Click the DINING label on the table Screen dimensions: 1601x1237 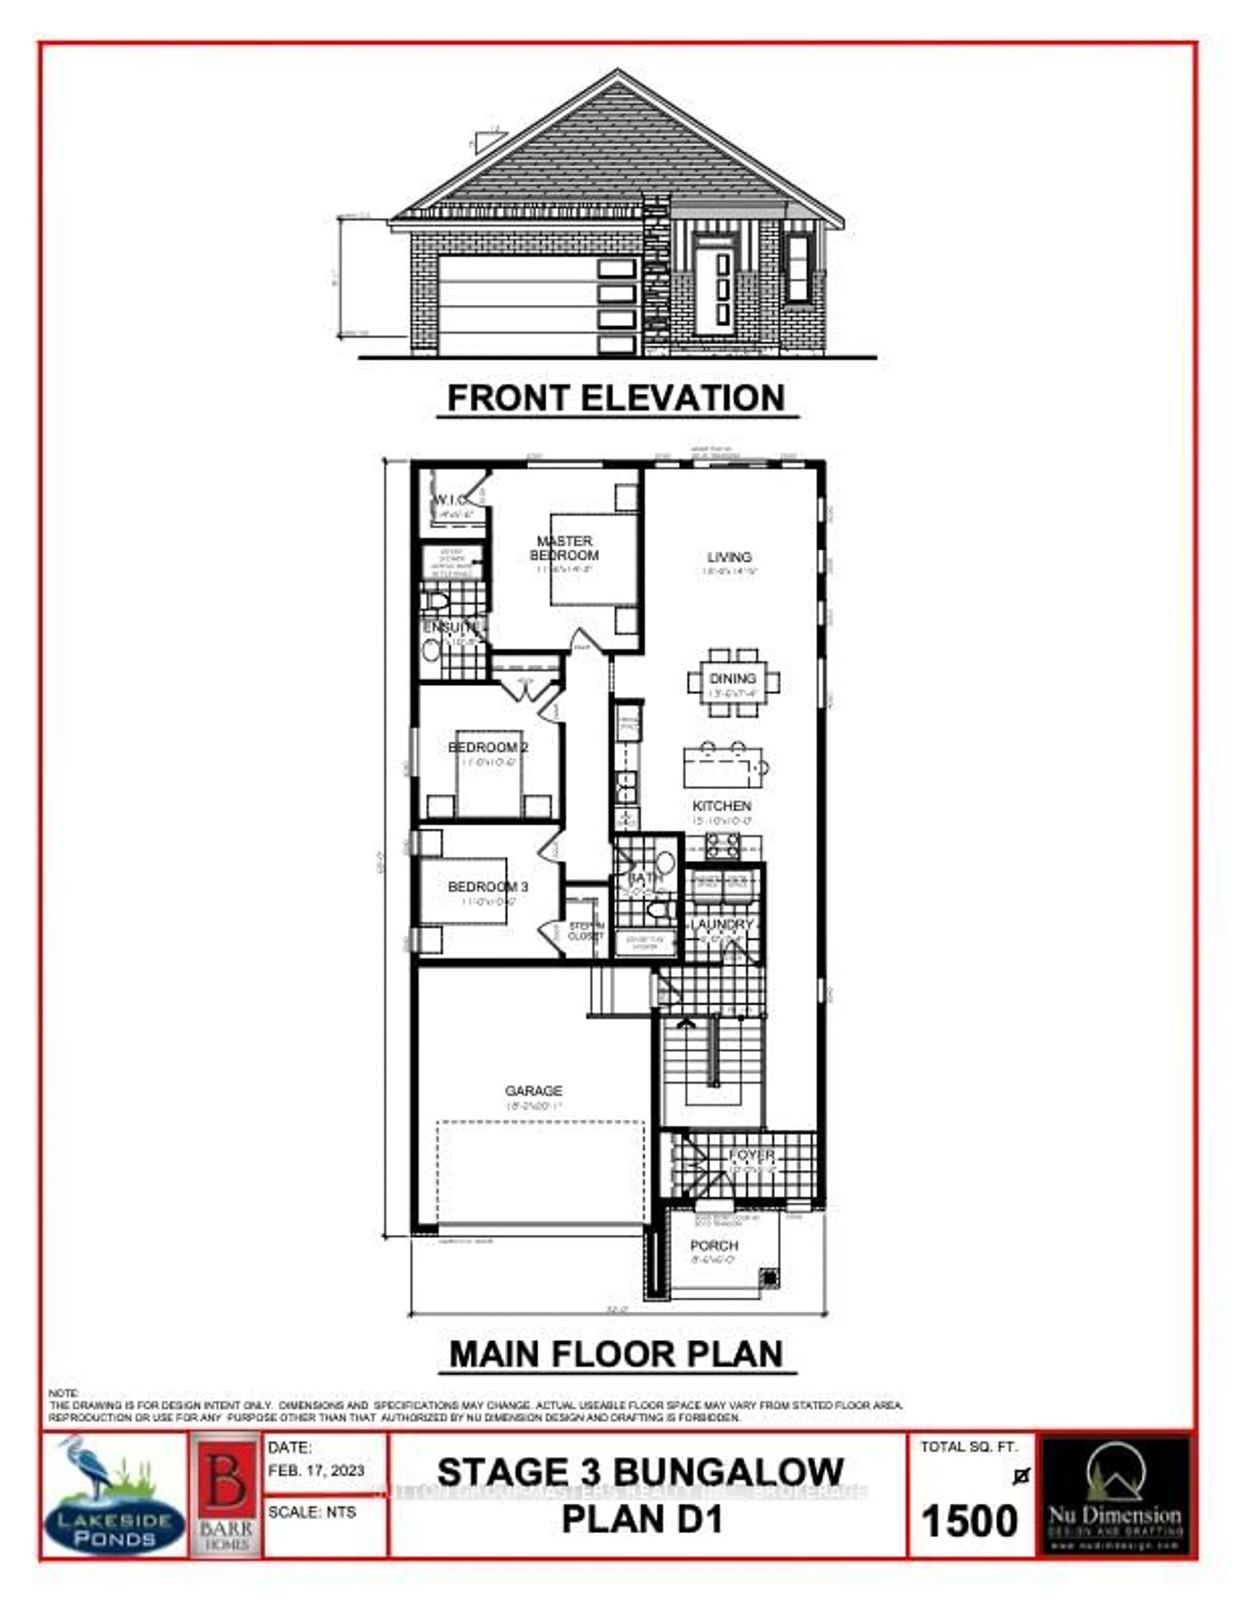[x=733, y=678]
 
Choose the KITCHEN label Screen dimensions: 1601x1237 [x=722, y=805]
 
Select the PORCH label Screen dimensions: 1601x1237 [x=714, y=1246]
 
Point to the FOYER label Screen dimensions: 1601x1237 [x=751, y=1155]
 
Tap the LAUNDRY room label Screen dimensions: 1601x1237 [x=722, y=924]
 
